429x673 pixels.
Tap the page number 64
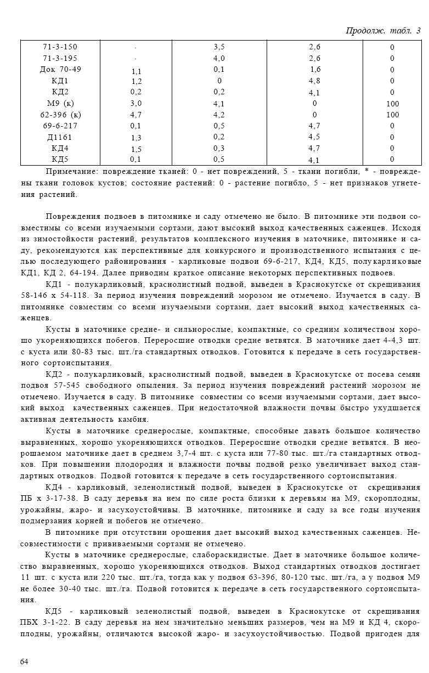(24, 661)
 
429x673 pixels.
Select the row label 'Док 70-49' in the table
(60, 70)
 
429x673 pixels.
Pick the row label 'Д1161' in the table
(60, 137)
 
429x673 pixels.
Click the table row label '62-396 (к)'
(60, 115)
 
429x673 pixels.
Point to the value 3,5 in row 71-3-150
(219, 47)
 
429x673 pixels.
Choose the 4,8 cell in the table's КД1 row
(314, 81)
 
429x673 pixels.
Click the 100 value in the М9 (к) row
(392, 104)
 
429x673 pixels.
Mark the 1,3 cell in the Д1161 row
(136, 138)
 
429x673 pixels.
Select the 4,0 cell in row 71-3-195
(219, 59)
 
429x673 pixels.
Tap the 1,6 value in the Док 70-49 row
(315, 70)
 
